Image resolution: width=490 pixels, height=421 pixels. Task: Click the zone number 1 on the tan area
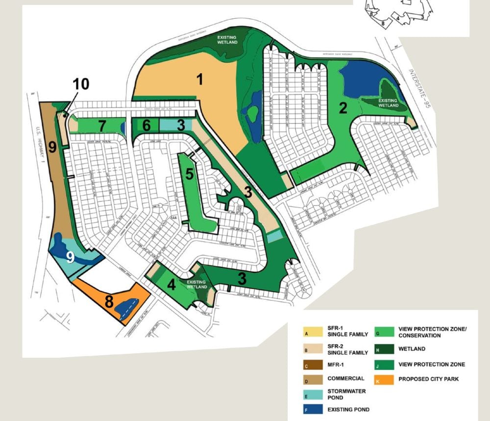199,79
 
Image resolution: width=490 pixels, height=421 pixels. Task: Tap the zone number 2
343,108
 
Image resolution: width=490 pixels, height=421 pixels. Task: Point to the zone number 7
101,126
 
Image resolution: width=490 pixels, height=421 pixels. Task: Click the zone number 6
147,126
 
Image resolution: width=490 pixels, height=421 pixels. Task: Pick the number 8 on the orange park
108,300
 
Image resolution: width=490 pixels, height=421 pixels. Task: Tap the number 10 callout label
81,84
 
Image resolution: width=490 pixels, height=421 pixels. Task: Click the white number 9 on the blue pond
70,257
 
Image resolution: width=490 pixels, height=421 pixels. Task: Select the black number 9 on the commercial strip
52,146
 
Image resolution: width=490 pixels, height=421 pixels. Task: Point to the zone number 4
171,285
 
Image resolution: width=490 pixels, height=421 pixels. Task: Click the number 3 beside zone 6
181,125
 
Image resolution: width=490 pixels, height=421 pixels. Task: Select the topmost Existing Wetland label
227,40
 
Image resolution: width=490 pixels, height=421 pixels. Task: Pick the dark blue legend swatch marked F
308,409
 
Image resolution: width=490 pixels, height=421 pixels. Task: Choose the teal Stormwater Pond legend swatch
308,394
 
